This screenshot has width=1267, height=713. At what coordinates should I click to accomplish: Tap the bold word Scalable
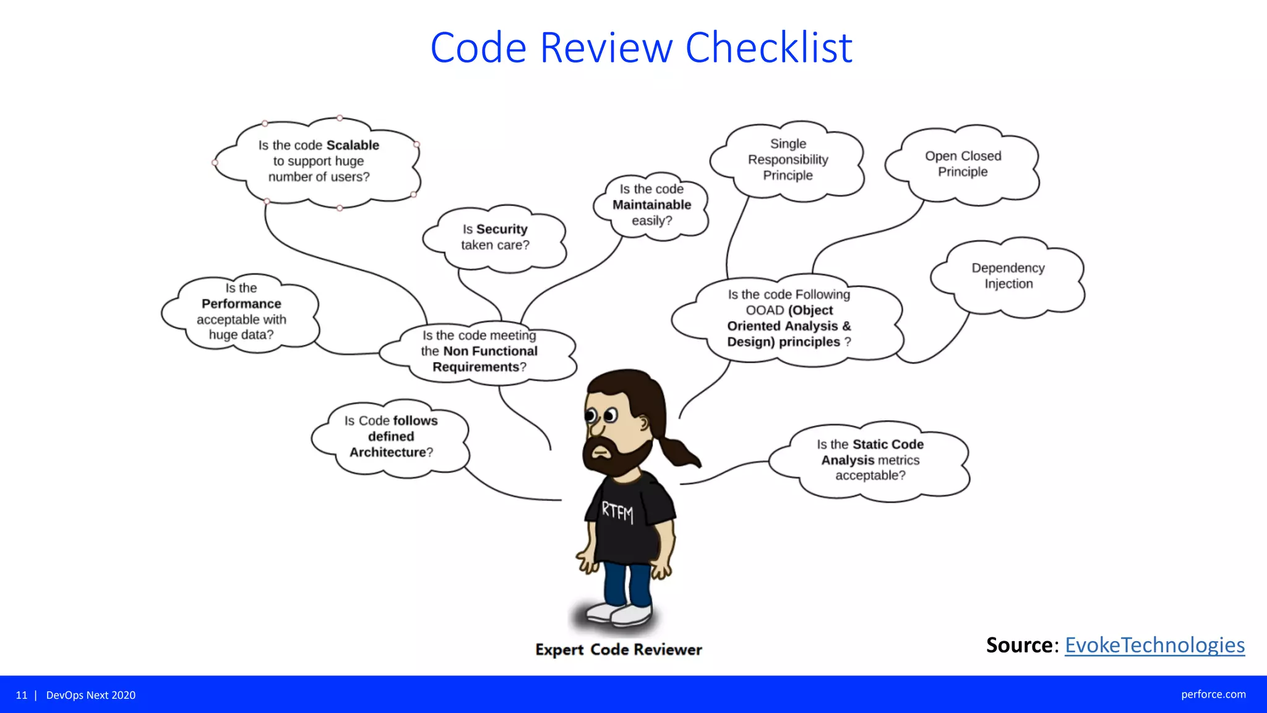pos(353,145)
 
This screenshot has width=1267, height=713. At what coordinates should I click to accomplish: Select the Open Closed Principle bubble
pos(962,164)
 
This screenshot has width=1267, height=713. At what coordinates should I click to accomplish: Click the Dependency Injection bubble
pos(1008,276)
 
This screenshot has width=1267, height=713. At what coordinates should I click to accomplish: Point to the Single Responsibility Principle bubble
pos(787,160)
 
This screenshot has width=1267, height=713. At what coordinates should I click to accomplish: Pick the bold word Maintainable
pos(651,205)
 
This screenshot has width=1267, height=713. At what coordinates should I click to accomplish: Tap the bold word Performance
pos(241,304)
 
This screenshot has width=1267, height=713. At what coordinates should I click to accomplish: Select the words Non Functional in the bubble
pos(490,352)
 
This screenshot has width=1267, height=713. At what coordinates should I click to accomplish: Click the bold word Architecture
pos(387,452)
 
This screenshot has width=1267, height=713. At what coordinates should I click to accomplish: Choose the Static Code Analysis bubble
pos(870,460)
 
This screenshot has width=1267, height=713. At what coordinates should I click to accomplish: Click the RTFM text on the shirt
pos(617,512)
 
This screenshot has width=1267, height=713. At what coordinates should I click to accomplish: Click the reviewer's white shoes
pos(619,613)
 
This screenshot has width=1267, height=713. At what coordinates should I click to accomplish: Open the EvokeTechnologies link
pos(1154,646)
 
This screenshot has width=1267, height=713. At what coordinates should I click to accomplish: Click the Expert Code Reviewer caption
pos(619,650)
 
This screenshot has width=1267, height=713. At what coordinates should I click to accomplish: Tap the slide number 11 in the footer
pos(22,695)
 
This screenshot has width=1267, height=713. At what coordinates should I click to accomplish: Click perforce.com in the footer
pos(1213,694)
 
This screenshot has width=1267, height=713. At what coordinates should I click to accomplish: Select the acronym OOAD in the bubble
pos(765,311)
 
